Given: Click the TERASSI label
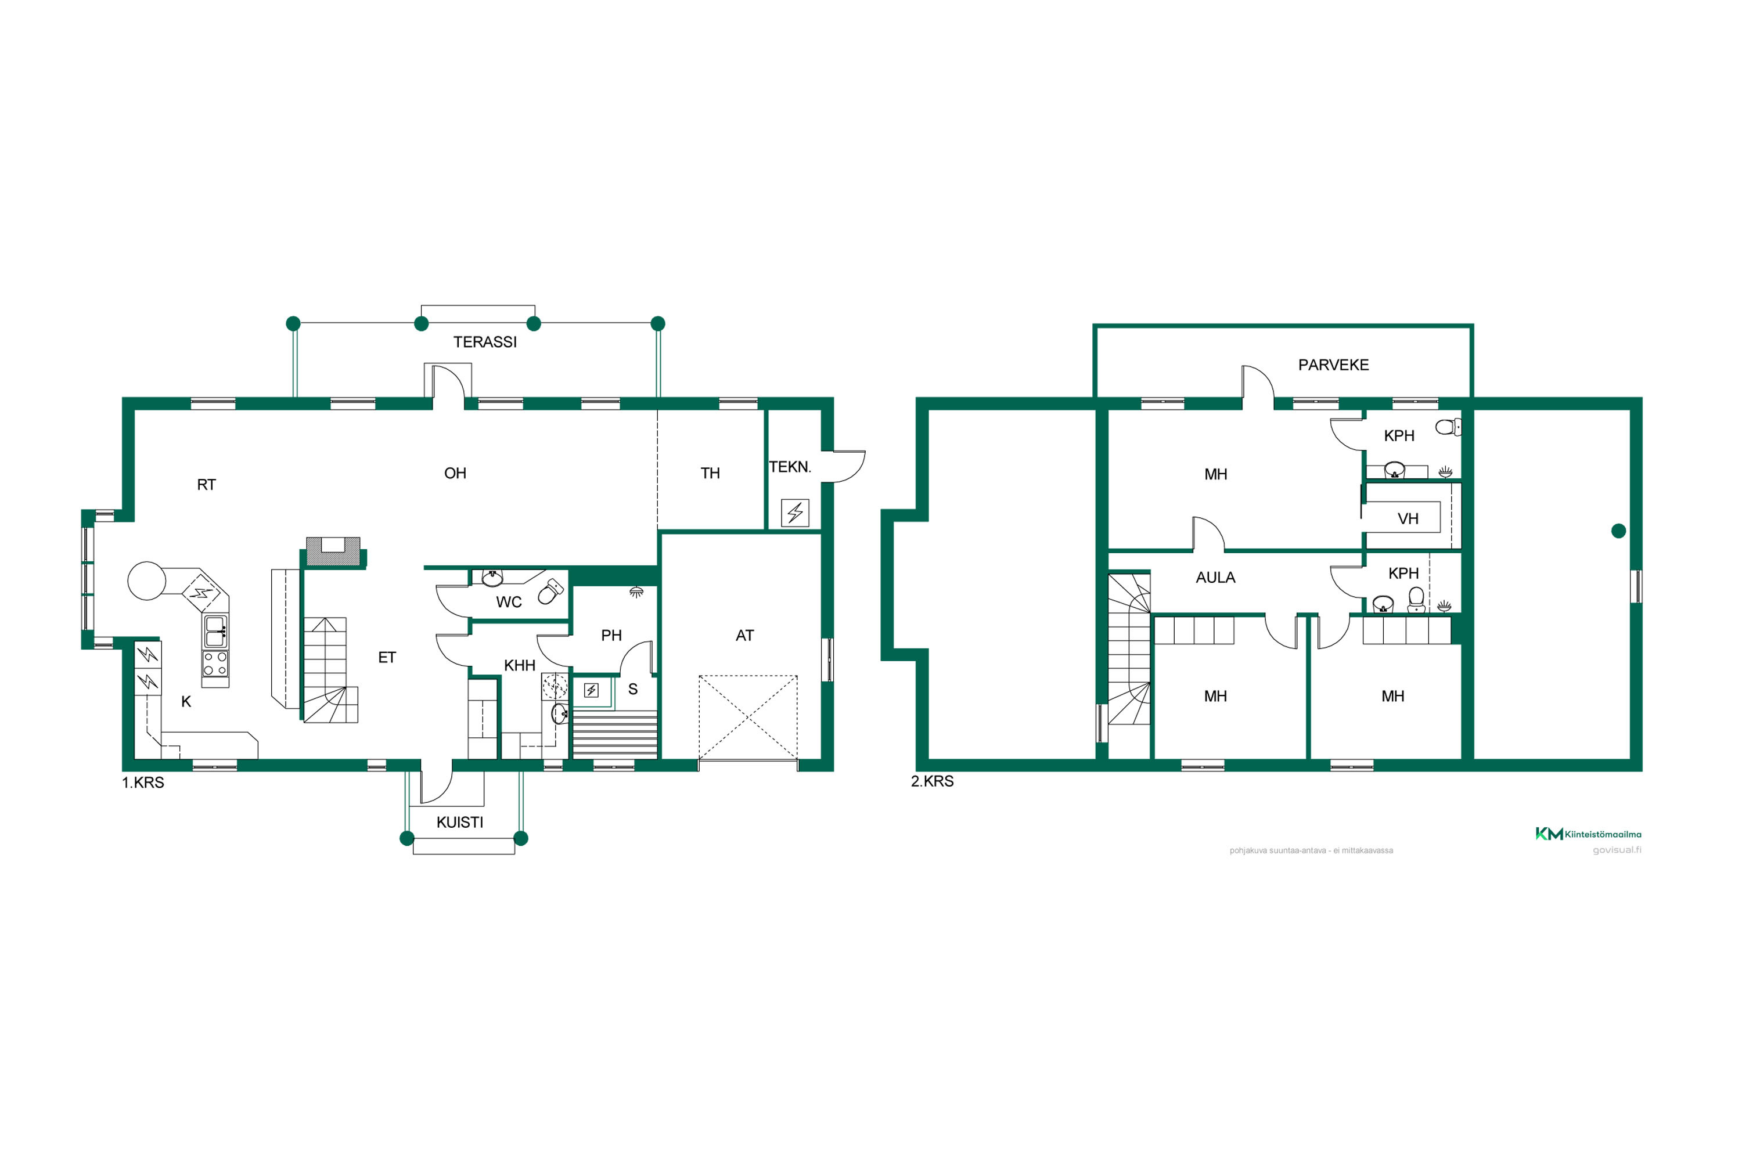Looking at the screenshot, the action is tap(485, 342).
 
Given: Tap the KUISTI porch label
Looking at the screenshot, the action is tap(460, 823).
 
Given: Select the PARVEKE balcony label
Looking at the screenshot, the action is tap(1333, 365).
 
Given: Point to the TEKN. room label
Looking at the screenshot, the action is tap(790, 467).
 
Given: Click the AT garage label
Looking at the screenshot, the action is tap(744, 635).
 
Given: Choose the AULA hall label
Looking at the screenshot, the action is tap(1215, 578).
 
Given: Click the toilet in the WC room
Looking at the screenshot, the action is tap(550, 591).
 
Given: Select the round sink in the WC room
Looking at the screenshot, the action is tap(492, 577).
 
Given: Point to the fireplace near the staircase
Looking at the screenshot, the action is tap(333, 553).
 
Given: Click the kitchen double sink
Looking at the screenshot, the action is tap(215, 632).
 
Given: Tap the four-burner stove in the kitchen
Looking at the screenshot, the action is tap(215, 664).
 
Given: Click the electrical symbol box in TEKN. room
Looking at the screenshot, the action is tap(795, 513).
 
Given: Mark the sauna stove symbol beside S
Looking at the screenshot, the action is tap(591, 691).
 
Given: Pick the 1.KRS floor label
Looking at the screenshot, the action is tap(143, 783).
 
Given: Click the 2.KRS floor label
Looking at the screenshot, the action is tap(932, 781).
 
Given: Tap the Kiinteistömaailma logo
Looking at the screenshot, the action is tap(1588, 834).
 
